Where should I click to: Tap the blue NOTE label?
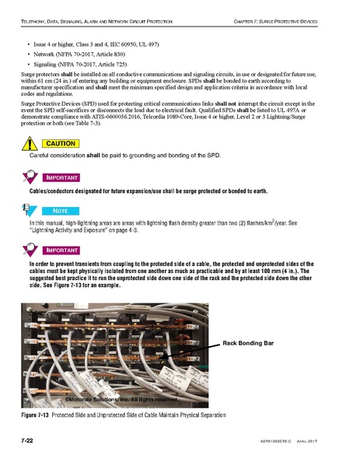coord(60,210)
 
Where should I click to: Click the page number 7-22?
coord(30,441)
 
